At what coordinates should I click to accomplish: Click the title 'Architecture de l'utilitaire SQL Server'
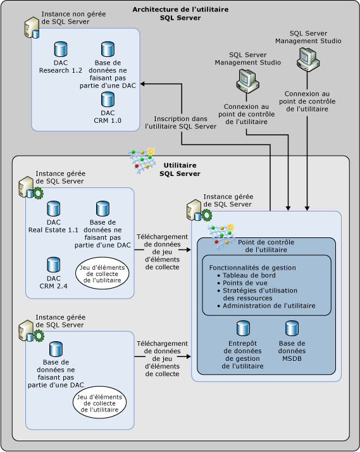click(x=180, y=13)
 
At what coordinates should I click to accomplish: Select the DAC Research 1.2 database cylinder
click(x=61, y=49)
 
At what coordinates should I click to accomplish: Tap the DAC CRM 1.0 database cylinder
click(x=108, y=99)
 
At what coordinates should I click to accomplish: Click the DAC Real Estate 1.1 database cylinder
click(x=53, y=208)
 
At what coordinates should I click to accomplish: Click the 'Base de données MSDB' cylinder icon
click(x=292, y=328)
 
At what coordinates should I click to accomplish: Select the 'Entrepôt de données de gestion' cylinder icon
click(x=243, y=328)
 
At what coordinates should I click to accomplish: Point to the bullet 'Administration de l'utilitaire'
click(x=269, y=306)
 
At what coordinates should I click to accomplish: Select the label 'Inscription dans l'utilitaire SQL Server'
click(x=180, y=122)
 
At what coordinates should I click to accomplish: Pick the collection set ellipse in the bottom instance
click(x=101, y=401)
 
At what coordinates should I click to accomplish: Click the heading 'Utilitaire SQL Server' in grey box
click(x=180, y=169)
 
